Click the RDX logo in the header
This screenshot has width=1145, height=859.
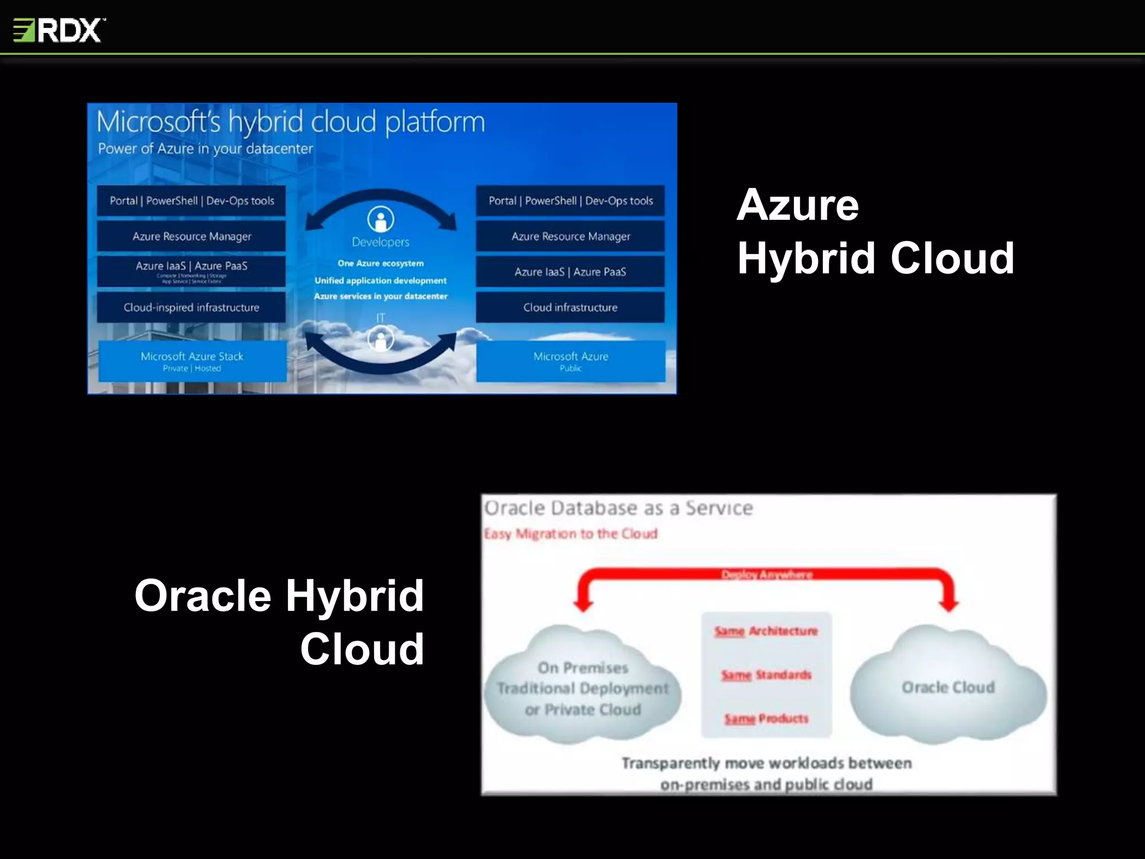[59, 30]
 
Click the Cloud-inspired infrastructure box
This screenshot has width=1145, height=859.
[191, 307]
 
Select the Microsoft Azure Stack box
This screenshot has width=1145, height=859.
[192, 361]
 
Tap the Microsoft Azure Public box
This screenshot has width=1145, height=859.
[570, 361]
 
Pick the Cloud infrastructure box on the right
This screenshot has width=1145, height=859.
[570, 307]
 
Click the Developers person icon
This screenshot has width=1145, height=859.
[381, 219]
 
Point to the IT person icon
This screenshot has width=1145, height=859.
[381, 339]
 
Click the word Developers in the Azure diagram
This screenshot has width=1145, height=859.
[381, 242]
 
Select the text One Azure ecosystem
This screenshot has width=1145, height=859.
[381, 263]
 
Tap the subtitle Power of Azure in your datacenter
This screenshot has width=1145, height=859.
[205, 149]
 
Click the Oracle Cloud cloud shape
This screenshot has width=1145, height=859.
[948, 687]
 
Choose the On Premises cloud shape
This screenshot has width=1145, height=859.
[583, 688]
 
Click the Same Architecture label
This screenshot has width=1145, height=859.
[766, 631]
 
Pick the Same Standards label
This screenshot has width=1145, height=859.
[766, 675]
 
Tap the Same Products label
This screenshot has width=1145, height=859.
[766, 719]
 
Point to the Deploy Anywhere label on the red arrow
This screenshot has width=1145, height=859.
[767, 574]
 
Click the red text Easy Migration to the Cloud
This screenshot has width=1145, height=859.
[570, 534]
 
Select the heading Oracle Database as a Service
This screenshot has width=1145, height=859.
[618, 508]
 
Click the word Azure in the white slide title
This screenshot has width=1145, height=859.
[798, 205]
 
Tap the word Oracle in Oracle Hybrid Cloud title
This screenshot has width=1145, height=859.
[202, 596]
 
